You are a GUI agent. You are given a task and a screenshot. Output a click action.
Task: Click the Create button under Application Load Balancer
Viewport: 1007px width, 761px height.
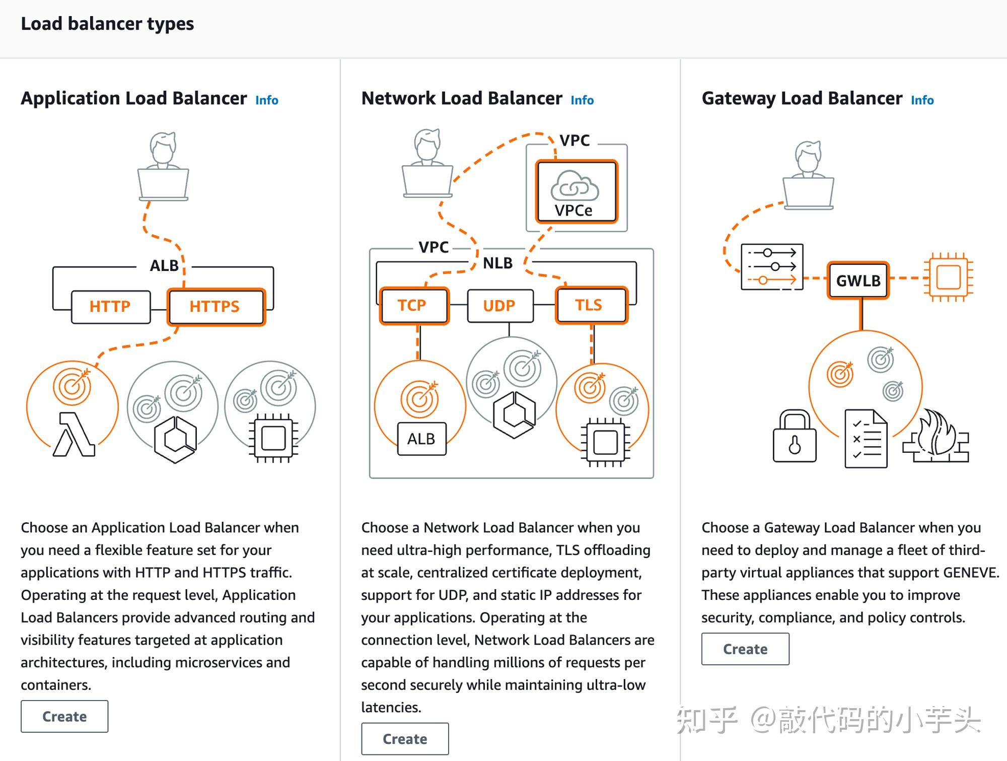[64, 716]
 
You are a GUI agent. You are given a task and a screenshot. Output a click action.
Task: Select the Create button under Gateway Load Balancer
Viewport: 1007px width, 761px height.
[745, 649]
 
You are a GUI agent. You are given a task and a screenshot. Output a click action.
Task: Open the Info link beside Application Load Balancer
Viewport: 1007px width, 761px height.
[266, 100]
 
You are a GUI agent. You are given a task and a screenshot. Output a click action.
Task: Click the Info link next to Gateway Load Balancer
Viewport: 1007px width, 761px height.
[922, 100]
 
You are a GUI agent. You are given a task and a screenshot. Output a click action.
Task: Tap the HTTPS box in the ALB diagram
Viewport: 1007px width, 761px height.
[215, 306]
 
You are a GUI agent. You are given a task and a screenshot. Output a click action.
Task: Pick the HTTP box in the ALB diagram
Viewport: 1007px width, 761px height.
[111, 306]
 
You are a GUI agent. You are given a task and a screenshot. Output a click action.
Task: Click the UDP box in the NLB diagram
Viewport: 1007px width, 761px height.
[499, 305]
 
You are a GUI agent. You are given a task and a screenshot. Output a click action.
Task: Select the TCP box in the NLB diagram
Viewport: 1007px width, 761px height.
[413, 305]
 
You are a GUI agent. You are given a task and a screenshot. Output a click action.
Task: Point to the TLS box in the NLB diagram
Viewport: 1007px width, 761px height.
[591, 305]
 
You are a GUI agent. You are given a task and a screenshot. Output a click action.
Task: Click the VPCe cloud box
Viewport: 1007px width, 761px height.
[576, 191]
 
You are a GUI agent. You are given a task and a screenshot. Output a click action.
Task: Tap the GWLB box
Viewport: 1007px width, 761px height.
[858, 281]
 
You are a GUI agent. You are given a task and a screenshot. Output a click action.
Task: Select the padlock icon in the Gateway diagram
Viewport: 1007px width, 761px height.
[794, 436]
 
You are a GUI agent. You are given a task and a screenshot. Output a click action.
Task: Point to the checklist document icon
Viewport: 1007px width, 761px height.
[866, 438]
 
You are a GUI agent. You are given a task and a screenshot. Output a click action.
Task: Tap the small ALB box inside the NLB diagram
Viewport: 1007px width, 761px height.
[421, 439]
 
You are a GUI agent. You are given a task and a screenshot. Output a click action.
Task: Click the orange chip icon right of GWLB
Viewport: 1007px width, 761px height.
[948, 277]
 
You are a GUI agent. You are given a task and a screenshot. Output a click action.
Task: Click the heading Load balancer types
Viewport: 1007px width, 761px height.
[107, 24]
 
